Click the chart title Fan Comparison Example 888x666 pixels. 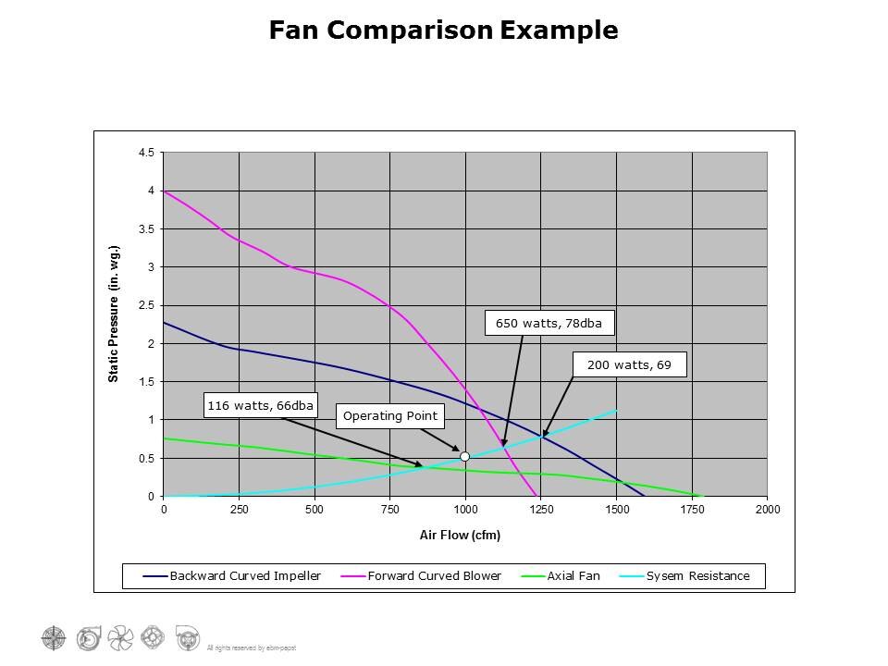click(x=443, y=31)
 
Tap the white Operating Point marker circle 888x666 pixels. click(x=465, y=456)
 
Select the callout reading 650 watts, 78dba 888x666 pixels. click(x=549, y=324)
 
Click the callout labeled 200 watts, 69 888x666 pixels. click(x=629, y=365)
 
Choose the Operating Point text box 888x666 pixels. click(x=389, y=416)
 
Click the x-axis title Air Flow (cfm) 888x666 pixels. click(x=461, y=536)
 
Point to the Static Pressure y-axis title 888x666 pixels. click(x=114, y=314)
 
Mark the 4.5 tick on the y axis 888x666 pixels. click(x=146, y=153)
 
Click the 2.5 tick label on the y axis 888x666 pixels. click(x=146, y=305)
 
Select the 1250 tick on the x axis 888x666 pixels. click(x=541, y=509)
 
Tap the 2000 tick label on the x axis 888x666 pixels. click(x=767, y=509)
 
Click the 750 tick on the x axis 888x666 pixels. click(x=390, y=509)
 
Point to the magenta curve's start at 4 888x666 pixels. click(x=165, y=191)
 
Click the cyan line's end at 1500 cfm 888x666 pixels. click(x=616, y=410)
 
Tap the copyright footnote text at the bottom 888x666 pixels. click(x=251, y=647)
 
